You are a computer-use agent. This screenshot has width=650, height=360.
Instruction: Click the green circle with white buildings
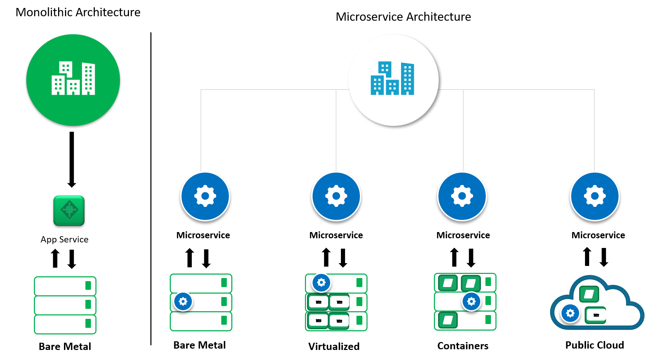pos(73,80)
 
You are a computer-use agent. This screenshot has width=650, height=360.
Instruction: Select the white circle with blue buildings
pos(393,80)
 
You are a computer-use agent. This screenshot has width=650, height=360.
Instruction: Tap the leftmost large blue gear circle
pos(205,196)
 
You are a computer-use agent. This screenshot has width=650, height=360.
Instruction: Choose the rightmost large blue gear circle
pos(595,196)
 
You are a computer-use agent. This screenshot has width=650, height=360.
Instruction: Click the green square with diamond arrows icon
pos(69,211)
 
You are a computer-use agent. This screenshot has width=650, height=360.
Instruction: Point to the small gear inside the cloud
pos(570,313)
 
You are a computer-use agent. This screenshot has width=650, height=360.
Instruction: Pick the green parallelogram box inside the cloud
pos(589,294)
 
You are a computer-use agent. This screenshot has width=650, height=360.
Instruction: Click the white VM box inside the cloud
pos(596,315)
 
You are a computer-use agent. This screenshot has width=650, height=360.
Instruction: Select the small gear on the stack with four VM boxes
pos(321,283)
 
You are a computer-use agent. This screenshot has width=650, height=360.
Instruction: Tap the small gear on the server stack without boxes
pos(183,301)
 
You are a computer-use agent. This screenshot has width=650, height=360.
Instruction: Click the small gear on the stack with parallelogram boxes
pos(471,301)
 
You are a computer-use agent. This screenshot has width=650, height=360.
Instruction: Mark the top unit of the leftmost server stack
pos(65,286)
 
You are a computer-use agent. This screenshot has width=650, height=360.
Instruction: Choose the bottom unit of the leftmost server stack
pos(65,324)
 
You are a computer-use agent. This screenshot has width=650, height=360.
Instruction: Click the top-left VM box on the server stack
pos(318,302)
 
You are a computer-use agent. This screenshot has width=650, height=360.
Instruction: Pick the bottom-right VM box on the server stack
pos(339,321)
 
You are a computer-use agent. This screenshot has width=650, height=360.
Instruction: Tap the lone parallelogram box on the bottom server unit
pos(448,320)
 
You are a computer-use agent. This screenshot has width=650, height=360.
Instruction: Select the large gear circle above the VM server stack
pos(336,196)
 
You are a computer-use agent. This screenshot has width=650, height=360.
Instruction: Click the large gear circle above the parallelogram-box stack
pos(462,196)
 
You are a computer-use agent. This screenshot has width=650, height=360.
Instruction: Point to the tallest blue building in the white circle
pos(408,79)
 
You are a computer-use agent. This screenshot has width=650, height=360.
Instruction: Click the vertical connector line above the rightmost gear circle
pos(594,131)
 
